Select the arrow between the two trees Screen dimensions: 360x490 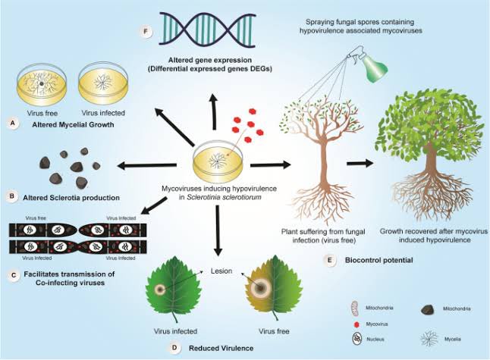point(361,163)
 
